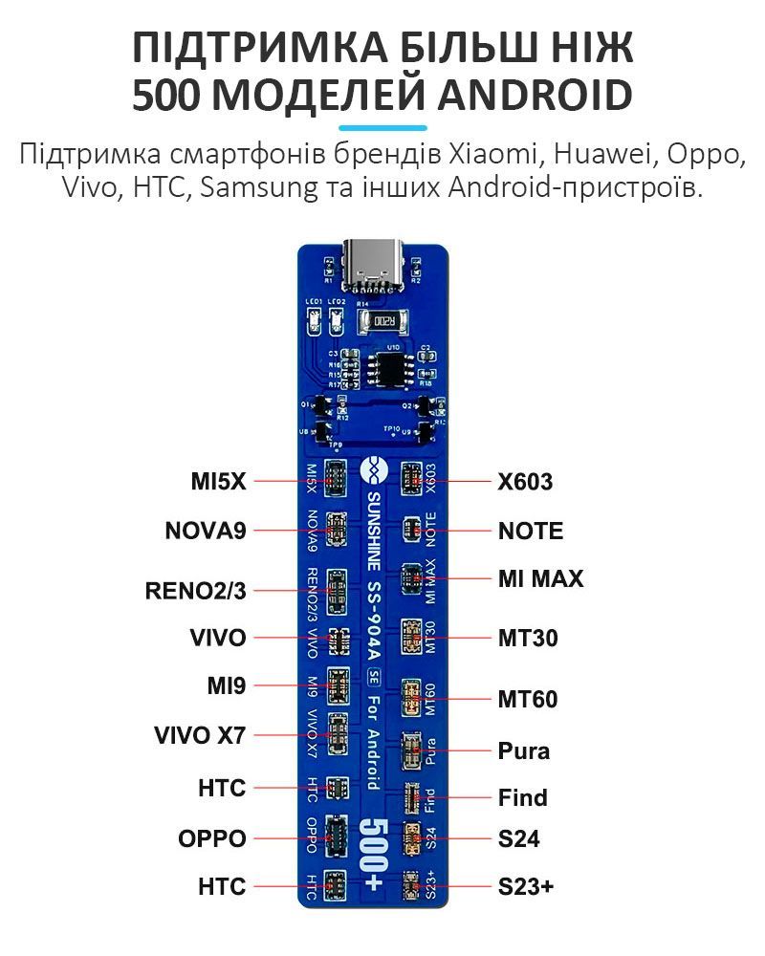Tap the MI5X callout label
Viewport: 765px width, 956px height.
[x=218, y=482]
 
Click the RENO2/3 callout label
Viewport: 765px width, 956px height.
[x=195, y=591]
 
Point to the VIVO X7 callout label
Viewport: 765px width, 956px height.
[x=200, y=736]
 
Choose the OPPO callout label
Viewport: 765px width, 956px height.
[x=211, y=838]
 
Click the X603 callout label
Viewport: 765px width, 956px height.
[x=525, y=482]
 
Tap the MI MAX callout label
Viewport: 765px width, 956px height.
[x=540, y=578]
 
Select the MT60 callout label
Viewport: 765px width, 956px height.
[x=527, y=699]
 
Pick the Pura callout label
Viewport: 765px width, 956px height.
[x=524, y=750]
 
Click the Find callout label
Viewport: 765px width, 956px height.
[x=522, y=796]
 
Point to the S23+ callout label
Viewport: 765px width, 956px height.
[x=526, y=886]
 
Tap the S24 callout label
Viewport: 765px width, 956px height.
[x=518, y=839]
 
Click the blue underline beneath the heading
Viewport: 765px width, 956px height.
[x=382, y=126]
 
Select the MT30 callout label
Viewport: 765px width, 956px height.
[x=526, y=638]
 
